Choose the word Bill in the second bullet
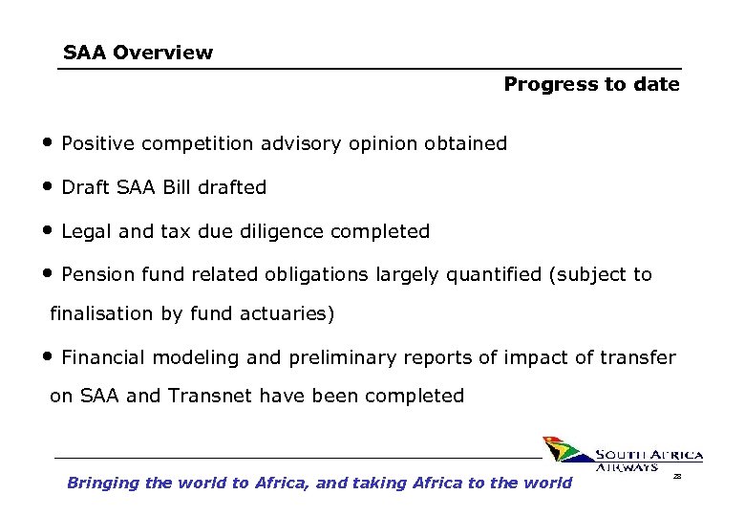177,188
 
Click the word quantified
492,275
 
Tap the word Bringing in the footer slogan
102,483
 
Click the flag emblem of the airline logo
566,451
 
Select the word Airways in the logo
627,467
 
